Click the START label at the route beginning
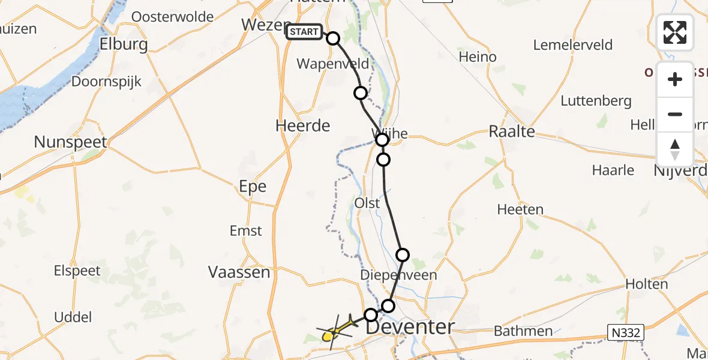304,32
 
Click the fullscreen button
675,32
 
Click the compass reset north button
675,149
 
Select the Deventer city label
410,328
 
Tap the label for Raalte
512,131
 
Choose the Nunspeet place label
70,142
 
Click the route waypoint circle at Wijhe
382,140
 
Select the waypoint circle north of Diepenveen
403,255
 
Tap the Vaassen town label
239,272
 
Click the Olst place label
367,203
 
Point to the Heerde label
303,125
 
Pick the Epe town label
253,187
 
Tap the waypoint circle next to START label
332,38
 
